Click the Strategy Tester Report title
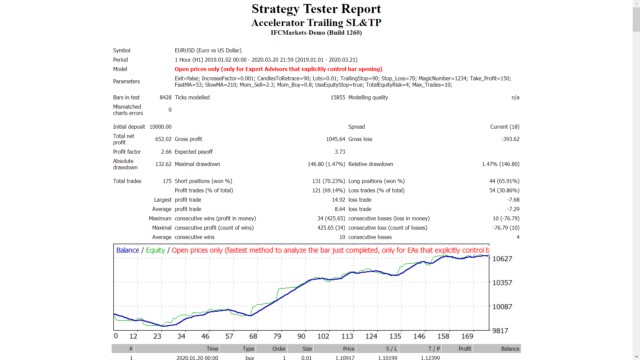pyautogui.click(x=316, y=9)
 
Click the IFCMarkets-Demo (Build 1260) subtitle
pyautogui.click(x=316, y=33)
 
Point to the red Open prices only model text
pyautogui.click(x=278, y=69)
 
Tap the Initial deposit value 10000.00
pyautogui.click(x=160, y=127)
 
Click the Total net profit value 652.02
pyautogui.click(x=163, y=139)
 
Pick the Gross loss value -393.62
pyautogui.click(x=510, y=139)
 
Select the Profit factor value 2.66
pyautogui.click(x=166, y=152)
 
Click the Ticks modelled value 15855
pyautogui.click(x=337, y=97)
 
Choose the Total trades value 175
pyautogui.click(x=167, y=181)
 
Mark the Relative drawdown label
pyautogui.click(x=371, y=164)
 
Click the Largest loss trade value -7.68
pyautogui.click(x=513, y=200)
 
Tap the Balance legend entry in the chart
pyautogui.click(x=127, y=250)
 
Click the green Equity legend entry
pyautogui.click(x=155, y=250)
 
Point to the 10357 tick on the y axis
pyautogui.click(x=502, y=283)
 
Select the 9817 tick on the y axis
pyautogui.click(x=500, y=331)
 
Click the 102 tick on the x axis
pyautogui.click(x=323, y=336)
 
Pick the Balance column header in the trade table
pyautogui.click(x=510, y=349)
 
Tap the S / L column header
pyautogui.click(x=391, y=349)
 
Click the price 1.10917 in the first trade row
pyautogui.click(x=345, y=358)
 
